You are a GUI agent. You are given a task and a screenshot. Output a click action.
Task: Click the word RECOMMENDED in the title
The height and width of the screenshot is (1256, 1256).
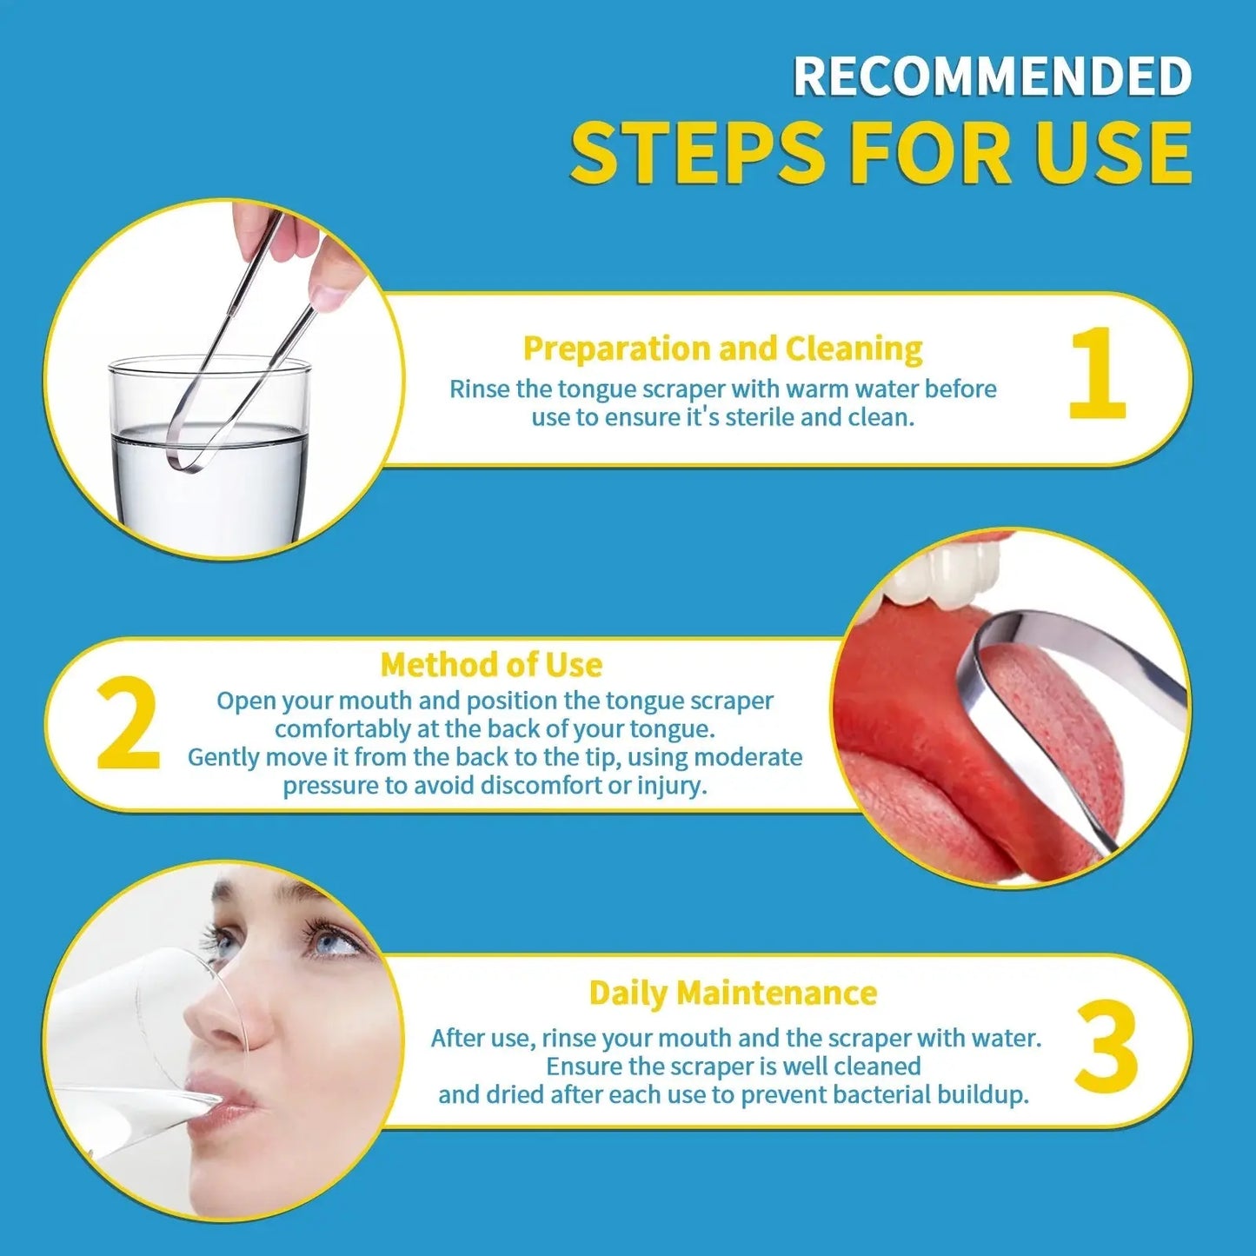click(992, 76)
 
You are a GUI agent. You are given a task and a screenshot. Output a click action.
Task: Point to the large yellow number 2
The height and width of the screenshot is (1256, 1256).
click(128, 723)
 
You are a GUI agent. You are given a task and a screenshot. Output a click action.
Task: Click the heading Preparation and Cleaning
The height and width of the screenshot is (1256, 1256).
click(723, 349)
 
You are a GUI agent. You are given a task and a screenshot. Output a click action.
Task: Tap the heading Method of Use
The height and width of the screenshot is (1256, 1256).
click(491, 665)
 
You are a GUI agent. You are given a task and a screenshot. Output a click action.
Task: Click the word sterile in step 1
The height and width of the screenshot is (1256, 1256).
click(760, 417)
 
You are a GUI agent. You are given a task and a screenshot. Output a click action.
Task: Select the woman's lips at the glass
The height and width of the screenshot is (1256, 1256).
click(222, 1096)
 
